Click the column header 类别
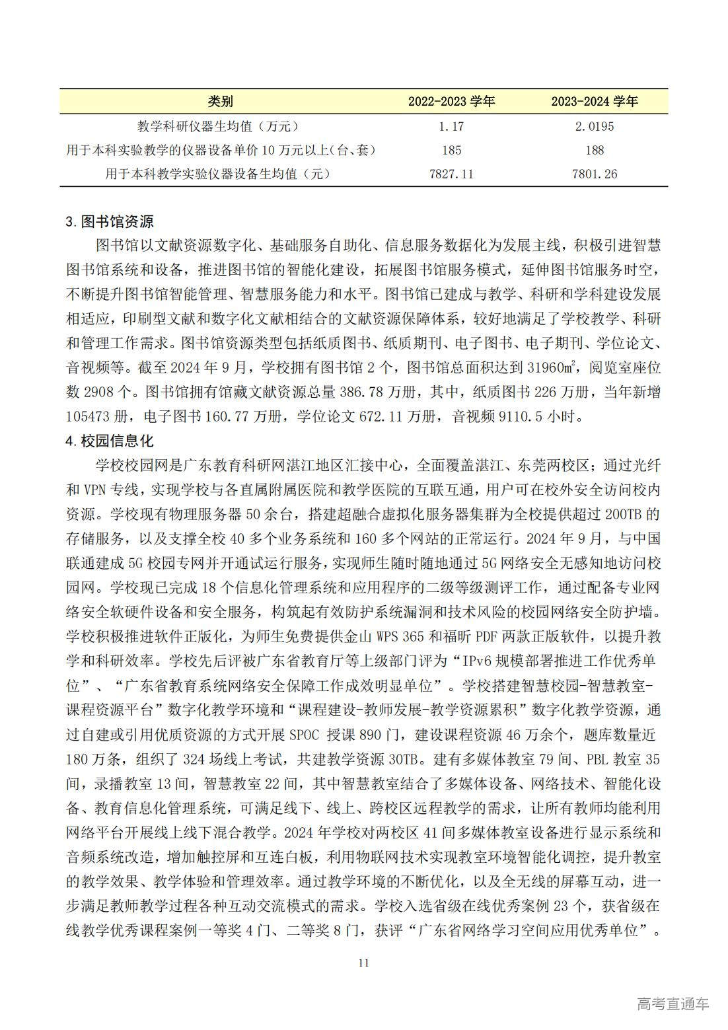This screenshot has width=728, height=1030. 220,101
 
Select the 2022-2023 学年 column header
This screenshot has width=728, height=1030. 451,101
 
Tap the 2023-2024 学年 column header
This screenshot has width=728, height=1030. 595,101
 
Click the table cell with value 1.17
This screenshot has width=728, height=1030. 451,126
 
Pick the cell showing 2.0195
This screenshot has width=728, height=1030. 595,126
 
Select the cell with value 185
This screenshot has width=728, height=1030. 451,150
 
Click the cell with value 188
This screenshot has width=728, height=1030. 595,150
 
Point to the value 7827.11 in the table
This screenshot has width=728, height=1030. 451,174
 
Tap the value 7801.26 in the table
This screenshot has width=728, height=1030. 595,174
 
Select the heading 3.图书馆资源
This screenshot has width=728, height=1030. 109,221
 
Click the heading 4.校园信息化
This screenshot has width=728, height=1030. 109,441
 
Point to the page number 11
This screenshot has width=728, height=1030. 363,963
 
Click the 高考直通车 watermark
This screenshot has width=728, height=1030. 673,1004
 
